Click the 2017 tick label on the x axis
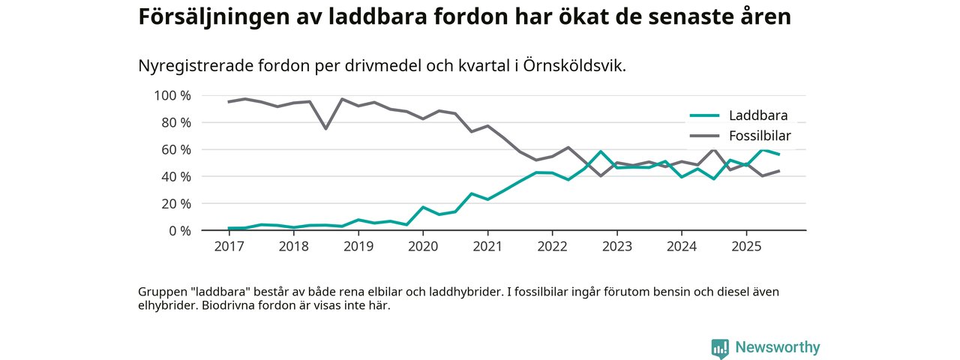pyautogui.click(x=229, y=246)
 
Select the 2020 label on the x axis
pyautogui.click(x=423, y=246)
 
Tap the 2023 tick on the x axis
pyautogui.click(x=616, y=246)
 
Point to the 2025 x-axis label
pyautogui.click(x=746, y=246)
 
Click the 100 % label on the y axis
pyautogui.click(x=172, y=96)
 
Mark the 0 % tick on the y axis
pyautogui.click(x=179, y=231)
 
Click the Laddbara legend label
pyautogui.click(x=757, y=115)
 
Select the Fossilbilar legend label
pyautogui.click(x=760, y=136)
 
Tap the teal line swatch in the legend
pyautogui.click(x=704, y=115)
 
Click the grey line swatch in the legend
pyautogui.click(x=704, y=136)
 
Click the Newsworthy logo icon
pyautogui.click(x=720, y=348)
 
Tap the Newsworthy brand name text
pyautogui.click(x=777, y=348)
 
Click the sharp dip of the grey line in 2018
pyautogui.click(x=325, y=128)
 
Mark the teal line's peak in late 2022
pyautogui.click(x=601, y=151)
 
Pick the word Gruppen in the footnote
pyautogui.click(x=161, y=292)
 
